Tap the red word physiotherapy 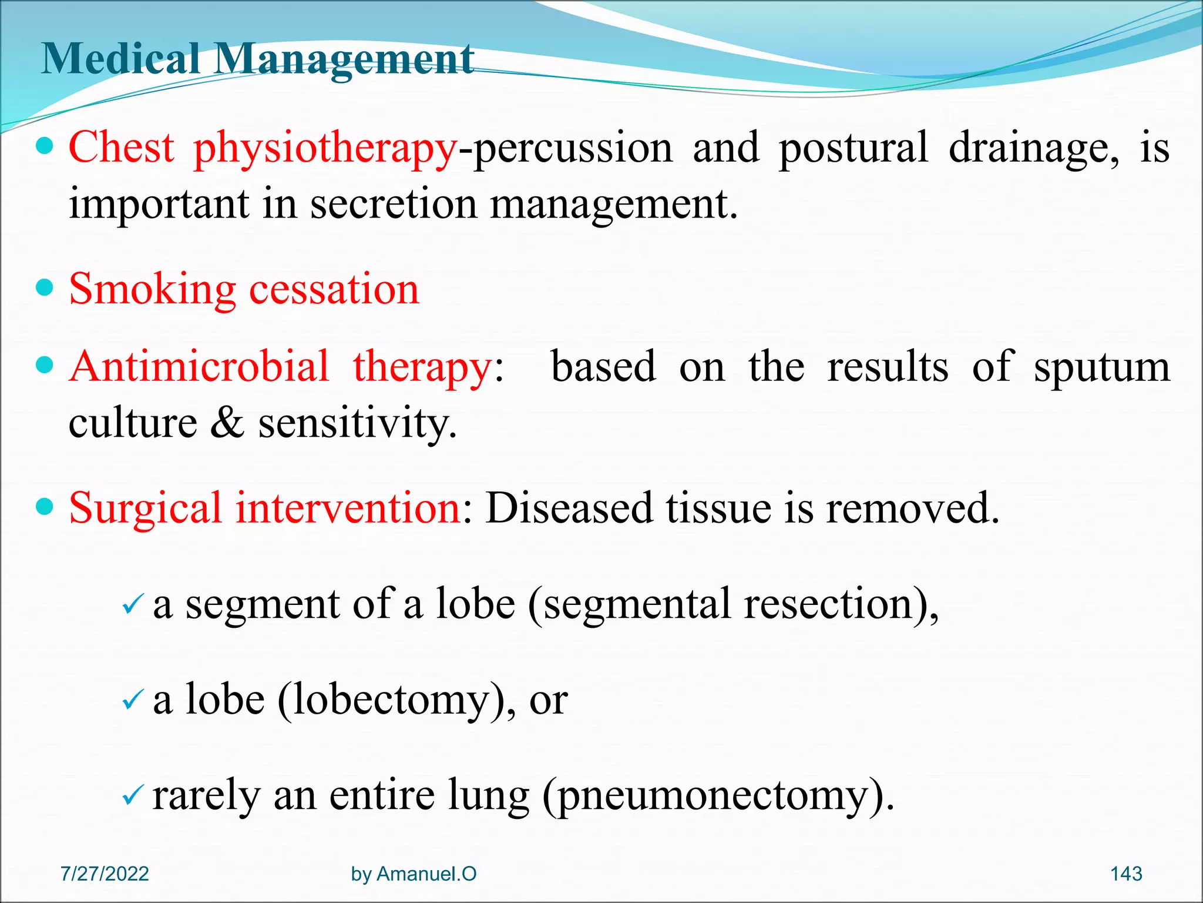point(325,148)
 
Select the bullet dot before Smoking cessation point(45,288)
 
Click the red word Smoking point(152,289)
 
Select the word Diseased point(569,508)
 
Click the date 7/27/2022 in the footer point(105,874)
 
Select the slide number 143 point(1125,874)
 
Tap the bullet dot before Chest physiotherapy point(45,146)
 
